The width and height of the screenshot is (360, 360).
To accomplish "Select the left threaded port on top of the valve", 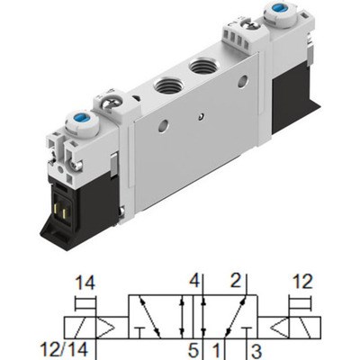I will click(x=167, y=86).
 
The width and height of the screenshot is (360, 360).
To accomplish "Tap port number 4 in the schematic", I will click(x=193, y=279).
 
